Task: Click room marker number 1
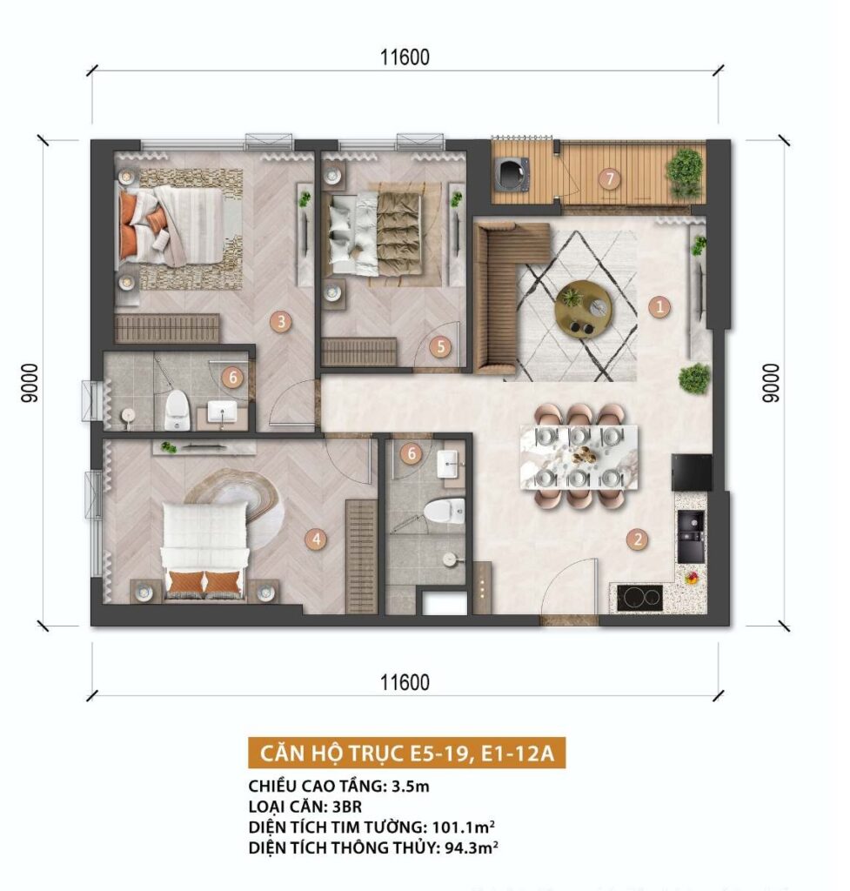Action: [659, 307]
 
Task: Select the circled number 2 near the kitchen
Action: [638, 539]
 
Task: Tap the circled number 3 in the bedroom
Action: [281, 322]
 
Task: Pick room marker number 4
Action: [316, 539]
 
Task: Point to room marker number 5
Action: [440, 346]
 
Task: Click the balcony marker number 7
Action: [610, 179]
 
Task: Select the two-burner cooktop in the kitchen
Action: [639, 598]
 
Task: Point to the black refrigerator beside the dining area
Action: [692, 472]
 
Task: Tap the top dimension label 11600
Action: [405, 57]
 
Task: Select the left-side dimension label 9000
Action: [30, 383]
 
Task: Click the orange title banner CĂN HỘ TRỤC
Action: [407, 753]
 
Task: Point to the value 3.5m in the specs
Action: [411, 787]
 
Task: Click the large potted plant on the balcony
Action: [685, 172]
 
